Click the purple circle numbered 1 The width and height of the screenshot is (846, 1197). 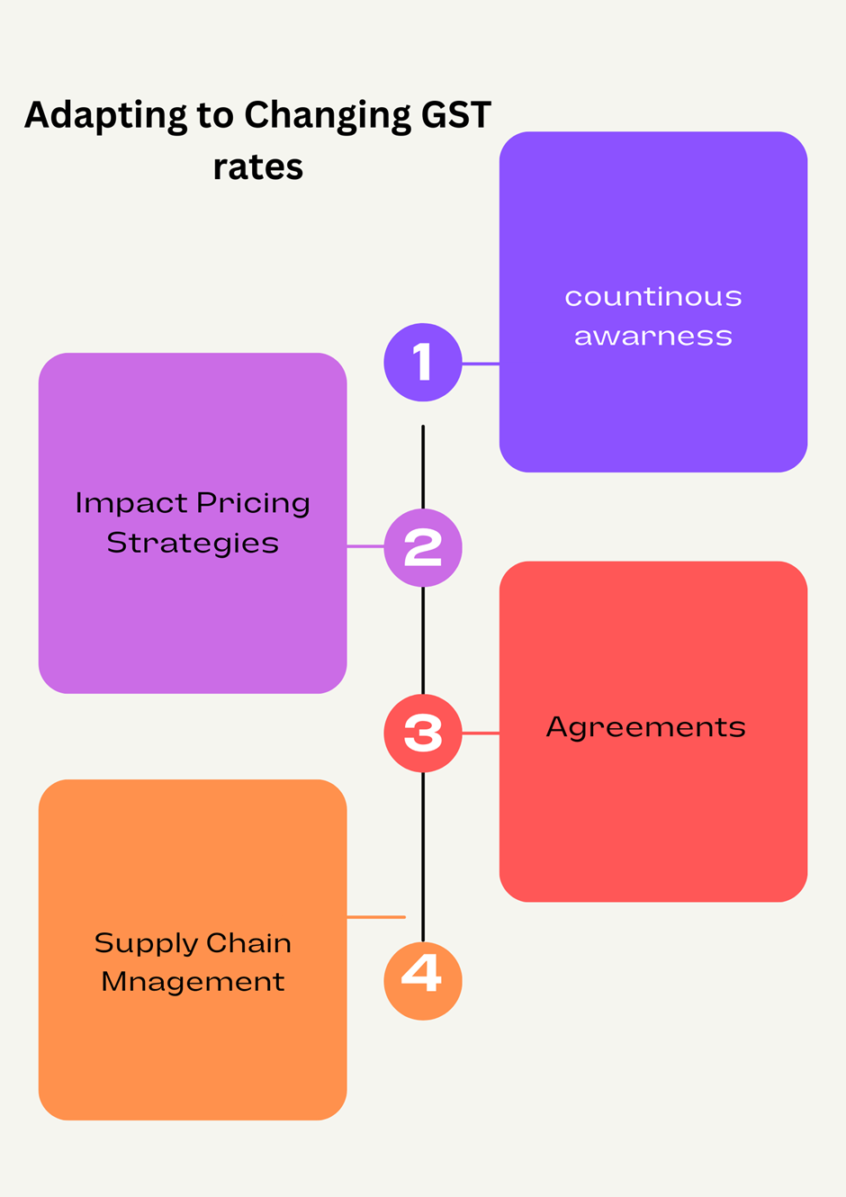423,363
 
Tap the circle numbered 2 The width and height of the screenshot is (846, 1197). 423,547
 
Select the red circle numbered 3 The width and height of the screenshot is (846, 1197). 423,733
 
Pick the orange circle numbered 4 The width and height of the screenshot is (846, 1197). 423,980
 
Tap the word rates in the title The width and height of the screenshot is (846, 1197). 258,167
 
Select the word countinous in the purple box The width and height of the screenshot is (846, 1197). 653,297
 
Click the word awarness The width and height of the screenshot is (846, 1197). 653,337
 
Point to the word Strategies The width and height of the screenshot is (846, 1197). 193,544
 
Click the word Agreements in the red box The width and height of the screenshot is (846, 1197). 646,727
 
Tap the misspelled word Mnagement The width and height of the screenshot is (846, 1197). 193,982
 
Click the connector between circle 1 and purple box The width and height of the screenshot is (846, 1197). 481,364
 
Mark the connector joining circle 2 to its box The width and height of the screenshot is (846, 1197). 365,546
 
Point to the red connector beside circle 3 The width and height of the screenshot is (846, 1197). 481,733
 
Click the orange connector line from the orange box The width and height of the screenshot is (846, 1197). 376,917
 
